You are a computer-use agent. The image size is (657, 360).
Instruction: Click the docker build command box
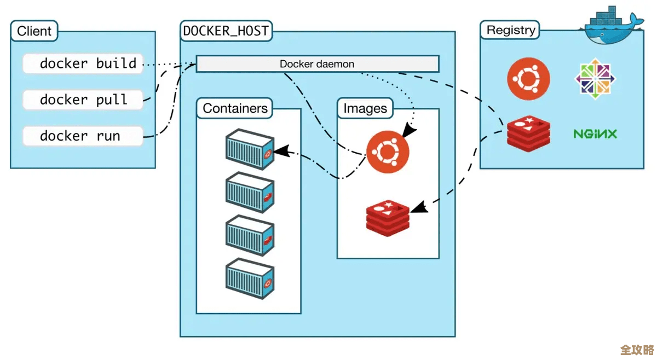pos(83,63)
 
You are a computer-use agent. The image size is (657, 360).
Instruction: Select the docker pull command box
pos(83,100)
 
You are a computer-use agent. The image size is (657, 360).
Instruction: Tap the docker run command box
pos(83,136)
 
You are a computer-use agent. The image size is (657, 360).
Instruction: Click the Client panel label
pos(34,31)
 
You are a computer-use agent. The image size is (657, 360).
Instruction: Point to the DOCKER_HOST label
pos(226,31)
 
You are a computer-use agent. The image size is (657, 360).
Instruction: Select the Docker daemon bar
pos(318,63)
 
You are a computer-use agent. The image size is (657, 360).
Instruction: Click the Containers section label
pos(235,108)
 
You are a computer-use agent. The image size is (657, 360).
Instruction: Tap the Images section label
pos(365,108)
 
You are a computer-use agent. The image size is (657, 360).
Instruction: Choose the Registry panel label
pos(510,30)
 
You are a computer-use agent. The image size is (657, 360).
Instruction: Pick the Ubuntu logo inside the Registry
pos(528,80)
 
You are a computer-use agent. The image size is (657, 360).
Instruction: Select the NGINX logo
pos(595,133)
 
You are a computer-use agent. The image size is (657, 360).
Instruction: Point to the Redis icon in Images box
pos(388,217)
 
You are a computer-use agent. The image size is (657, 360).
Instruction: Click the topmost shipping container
pos(250,149)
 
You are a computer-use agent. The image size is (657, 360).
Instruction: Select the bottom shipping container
pos(250,278)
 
